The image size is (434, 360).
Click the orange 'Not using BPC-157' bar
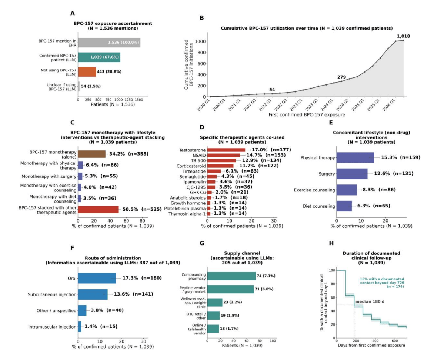(x=87, y=72)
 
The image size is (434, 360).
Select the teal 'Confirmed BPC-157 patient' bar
(x=99, y=57)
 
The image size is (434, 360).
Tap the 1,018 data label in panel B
(x=403, y=36)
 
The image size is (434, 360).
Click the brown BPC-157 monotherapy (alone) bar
(x=91, y=154)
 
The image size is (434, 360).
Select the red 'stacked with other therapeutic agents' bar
(x=98, y=210)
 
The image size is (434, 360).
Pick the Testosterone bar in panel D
(x=226, y=150)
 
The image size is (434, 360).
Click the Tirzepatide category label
(x=194, y=171)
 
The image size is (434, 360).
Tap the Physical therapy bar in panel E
(x=355, y=157)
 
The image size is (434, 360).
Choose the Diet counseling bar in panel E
(x=344, y=206)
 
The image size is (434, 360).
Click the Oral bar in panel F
(x=97, y=278)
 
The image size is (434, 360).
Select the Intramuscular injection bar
(x=80, y=327)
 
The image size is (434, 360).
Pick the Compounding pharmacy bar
(x=231, y=276)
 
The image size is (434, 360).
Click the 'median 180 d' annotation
(x=370, y=301)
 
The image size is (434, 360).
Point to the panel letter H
(x=331, y=243)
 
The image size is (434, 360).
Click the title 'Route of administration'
(x=113, y=258)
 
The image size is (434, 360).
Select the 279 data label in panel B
(x=341, y=77)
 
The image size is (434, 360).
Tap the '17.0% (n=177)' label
(x=271, y=150)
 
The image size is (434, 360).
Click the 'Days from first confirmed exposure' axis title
(x=371, y=345)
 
